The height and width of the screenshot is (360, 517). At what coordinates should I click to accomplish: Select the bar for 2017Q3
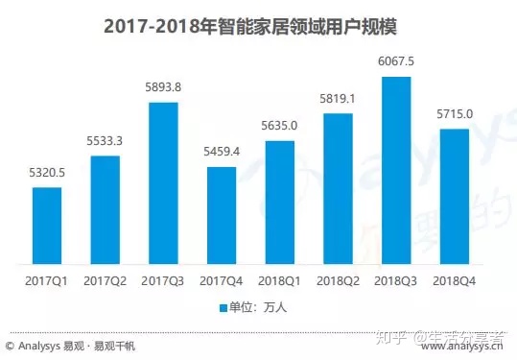click(163, 183)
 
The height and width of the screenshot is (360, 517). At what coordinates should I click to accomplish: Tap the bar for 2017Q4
click(221, 216)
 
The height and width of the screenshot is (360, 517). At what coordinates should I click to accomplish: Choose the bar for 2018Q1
click(279, 203)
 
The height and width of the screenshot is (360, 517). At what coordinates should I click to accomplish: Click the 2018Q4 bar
click(455, 197)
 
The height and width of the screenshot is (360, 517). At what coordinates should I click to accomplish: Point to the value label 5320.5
click(47, 174)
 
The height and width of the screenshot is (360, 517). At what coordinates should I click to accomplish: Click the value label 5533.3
click(105, 142)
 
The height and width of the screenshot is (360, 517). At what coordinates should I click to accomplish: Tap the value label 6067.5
click(396, 62)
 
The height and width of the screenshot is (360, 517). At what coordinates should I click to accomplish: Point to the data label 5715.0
click(455, 115)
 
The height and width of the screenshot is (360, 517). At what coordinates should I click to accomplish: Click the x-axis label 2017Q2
click(105, 281)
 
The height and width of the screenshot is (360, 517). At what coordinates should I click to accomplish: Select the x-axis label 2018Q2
click(338, 281)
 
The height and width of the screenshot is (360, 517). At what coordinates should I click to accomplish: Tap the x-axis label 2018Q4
click(455, 281)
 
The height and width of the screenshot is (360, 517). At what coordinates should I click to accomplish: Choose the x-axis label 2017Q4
click(221, 281)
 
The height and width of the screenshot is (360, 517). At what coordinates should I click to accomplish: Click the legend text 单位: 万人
click(257, 308)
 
